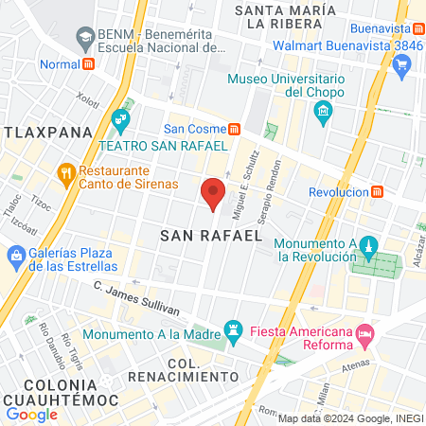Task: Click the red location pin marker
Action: (214, 192)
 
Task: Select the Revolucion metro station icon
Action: (378, 191)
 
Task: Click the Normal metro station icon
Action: (88, 64)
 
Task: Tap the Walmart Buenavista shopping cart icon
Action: (401, 63)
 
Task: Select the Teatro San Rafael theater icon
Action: (119, 120)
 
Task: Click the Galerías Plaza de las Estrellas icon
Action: (16, 255)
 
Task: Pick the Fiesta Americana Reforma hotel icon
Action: (364, 334)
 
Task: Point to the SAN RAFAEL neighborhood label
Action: (210, 235)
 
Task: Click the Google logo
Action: (32, 414)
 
